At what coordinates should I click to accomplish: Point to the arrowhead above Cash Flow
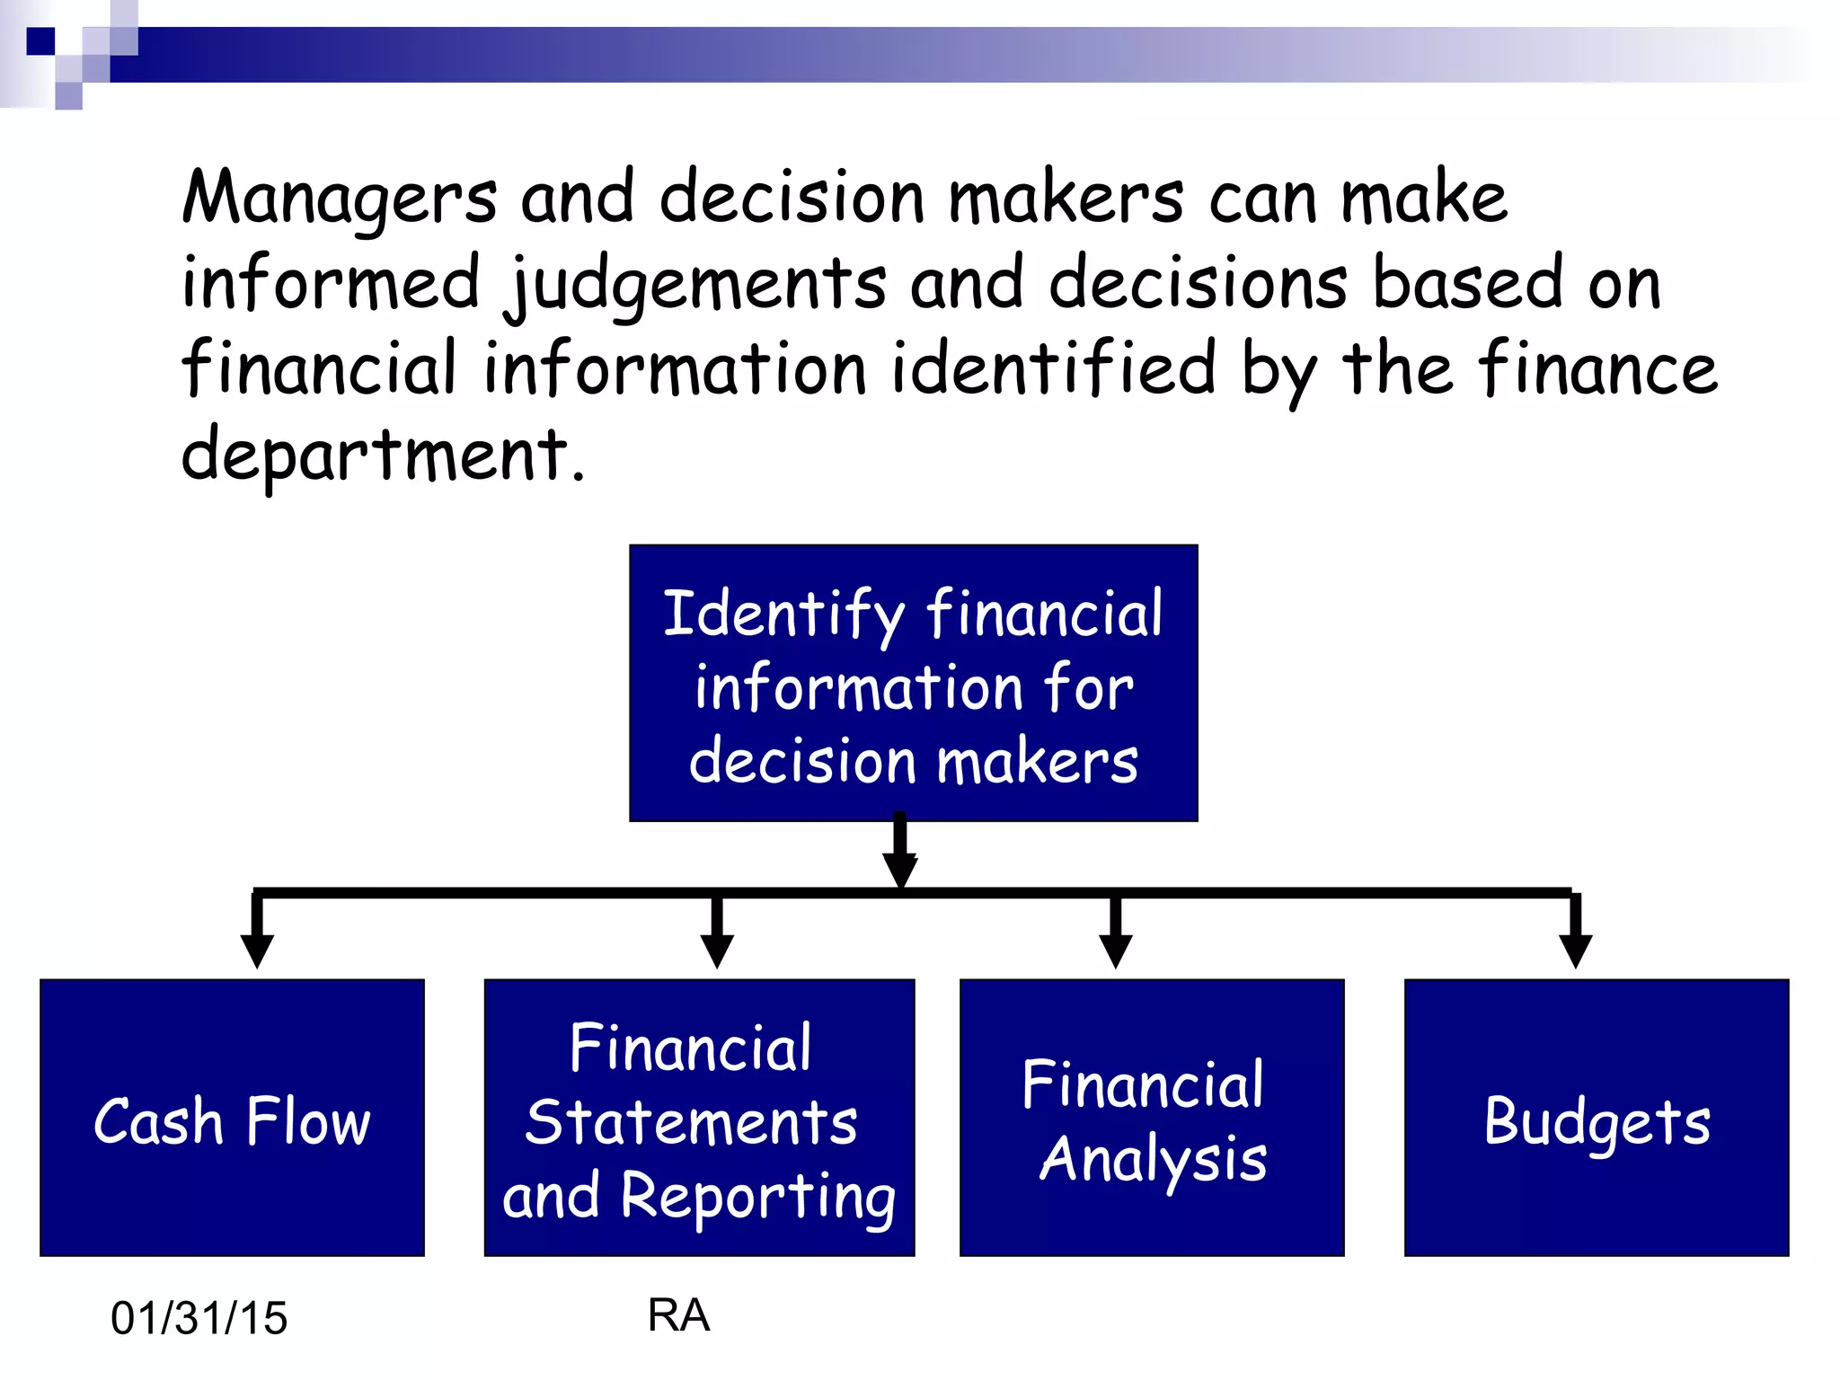(257, 949)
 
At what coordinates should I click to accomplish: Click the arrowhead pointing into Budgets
(1575, 949)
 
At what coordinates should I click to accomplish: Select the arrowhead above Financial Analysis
(1115, 949)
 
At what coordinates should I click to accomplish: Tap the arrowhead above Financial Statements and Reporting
(716, 949)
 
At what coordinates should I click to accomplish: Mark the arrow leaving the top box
(899, 854)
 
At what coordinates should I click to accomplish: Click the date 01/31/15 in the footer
(199, 1318)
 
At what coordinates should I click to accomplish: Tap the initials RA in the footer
(678, 1315)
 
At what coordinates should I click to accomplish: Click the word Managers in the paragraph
(338, 198)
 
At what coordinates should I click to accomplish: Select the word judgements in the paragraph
(695, 284)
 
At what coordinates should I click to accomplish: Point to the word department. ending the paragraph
(383, 455)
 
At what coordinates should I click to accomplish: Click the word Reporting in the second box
(758, 1198)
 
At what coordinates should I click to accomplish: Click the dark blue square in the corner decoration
(40, 41)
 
